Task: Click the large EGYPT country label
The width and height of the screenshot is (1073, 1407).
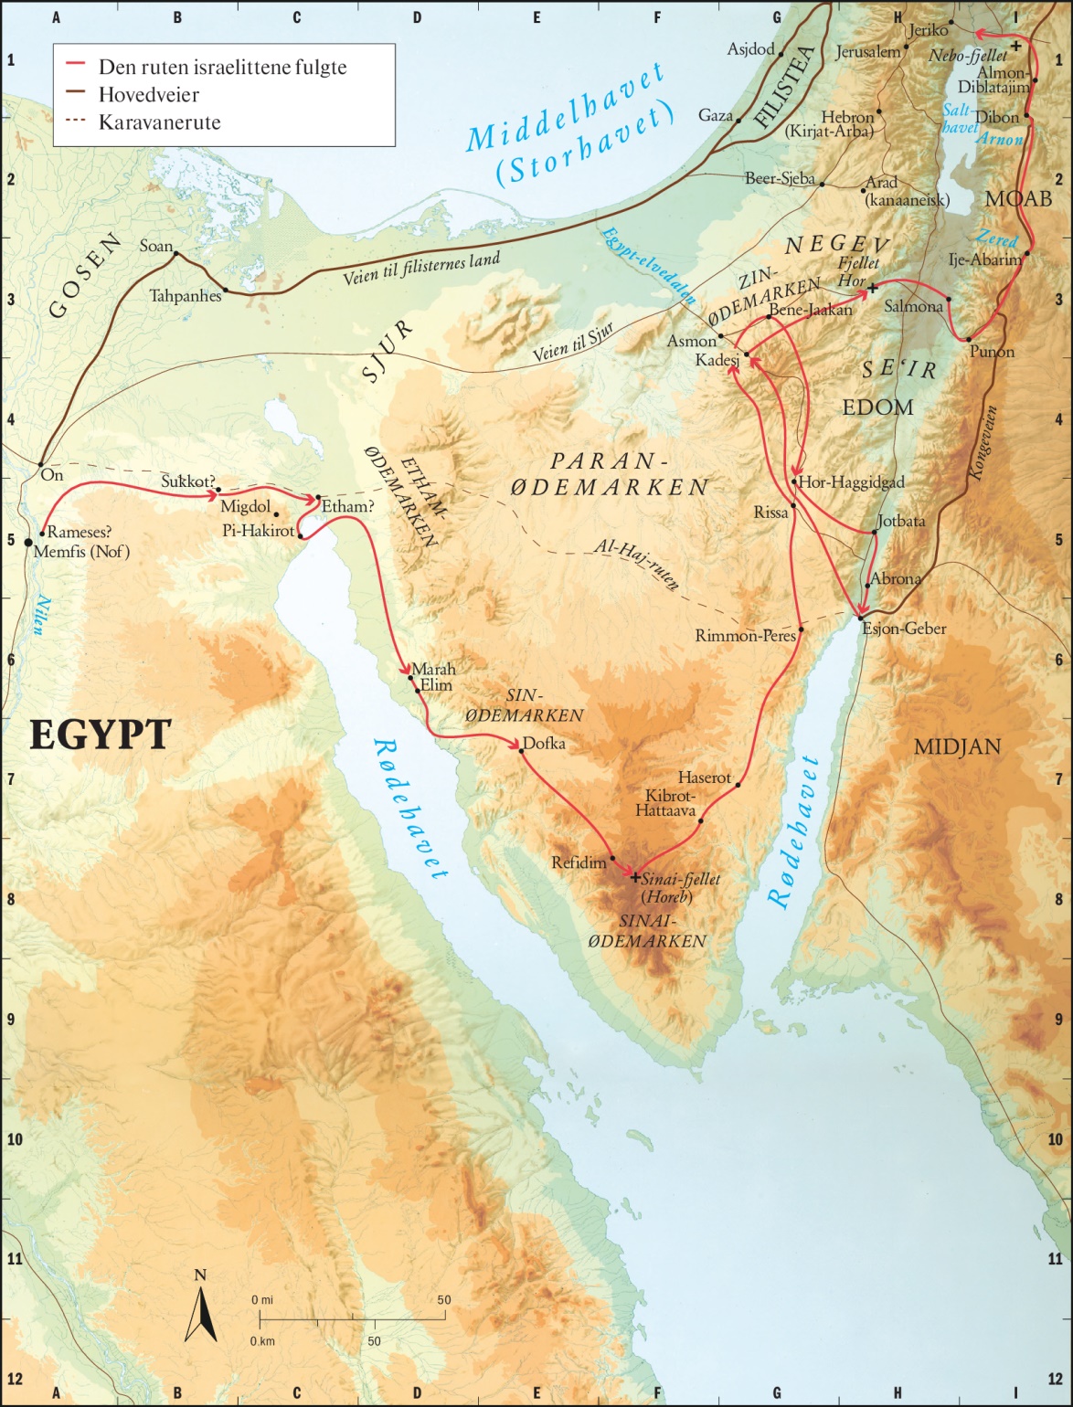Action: coord(101,735)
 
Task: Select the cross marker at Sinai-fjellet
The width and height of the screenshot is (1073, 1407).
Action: coord(635,877)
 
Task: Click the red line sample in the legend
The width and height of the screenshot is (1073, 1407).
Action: coord(76,67)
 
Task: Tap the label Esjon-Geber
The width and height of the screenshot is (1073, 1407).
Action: coord(905,629)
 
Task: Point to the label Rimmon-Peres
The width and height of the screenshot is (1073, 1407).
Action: coord(745,636)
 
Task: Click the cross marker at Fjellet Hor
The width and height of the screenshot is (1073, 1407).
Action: coord(872,288)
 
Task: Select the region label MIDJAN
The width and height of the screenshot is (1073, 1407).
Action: coord(957,747)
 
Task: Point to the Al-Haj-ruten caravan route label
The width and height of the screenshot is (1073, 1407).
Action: coord(636,564)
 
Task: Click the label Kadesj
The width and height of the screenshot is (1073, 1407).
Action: coord(717,361)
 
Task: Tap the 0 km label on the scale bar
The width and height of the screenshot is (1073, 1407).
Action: coord(263,1341)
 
